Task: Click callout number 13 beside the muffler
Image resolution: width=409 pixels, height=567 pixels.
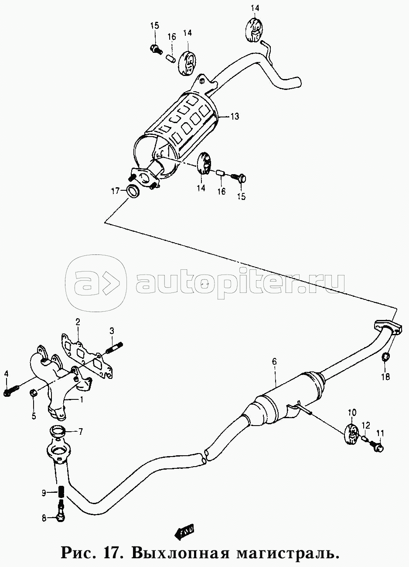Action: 235,117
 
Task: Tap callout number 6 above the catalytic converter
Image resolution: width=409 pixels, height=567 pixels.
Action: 275,361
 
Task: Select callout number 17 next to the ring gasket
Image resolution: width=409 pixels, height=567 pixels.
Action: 115,191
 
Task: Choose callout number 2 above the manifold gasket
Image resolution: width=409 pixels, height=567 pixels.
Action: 78,322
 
